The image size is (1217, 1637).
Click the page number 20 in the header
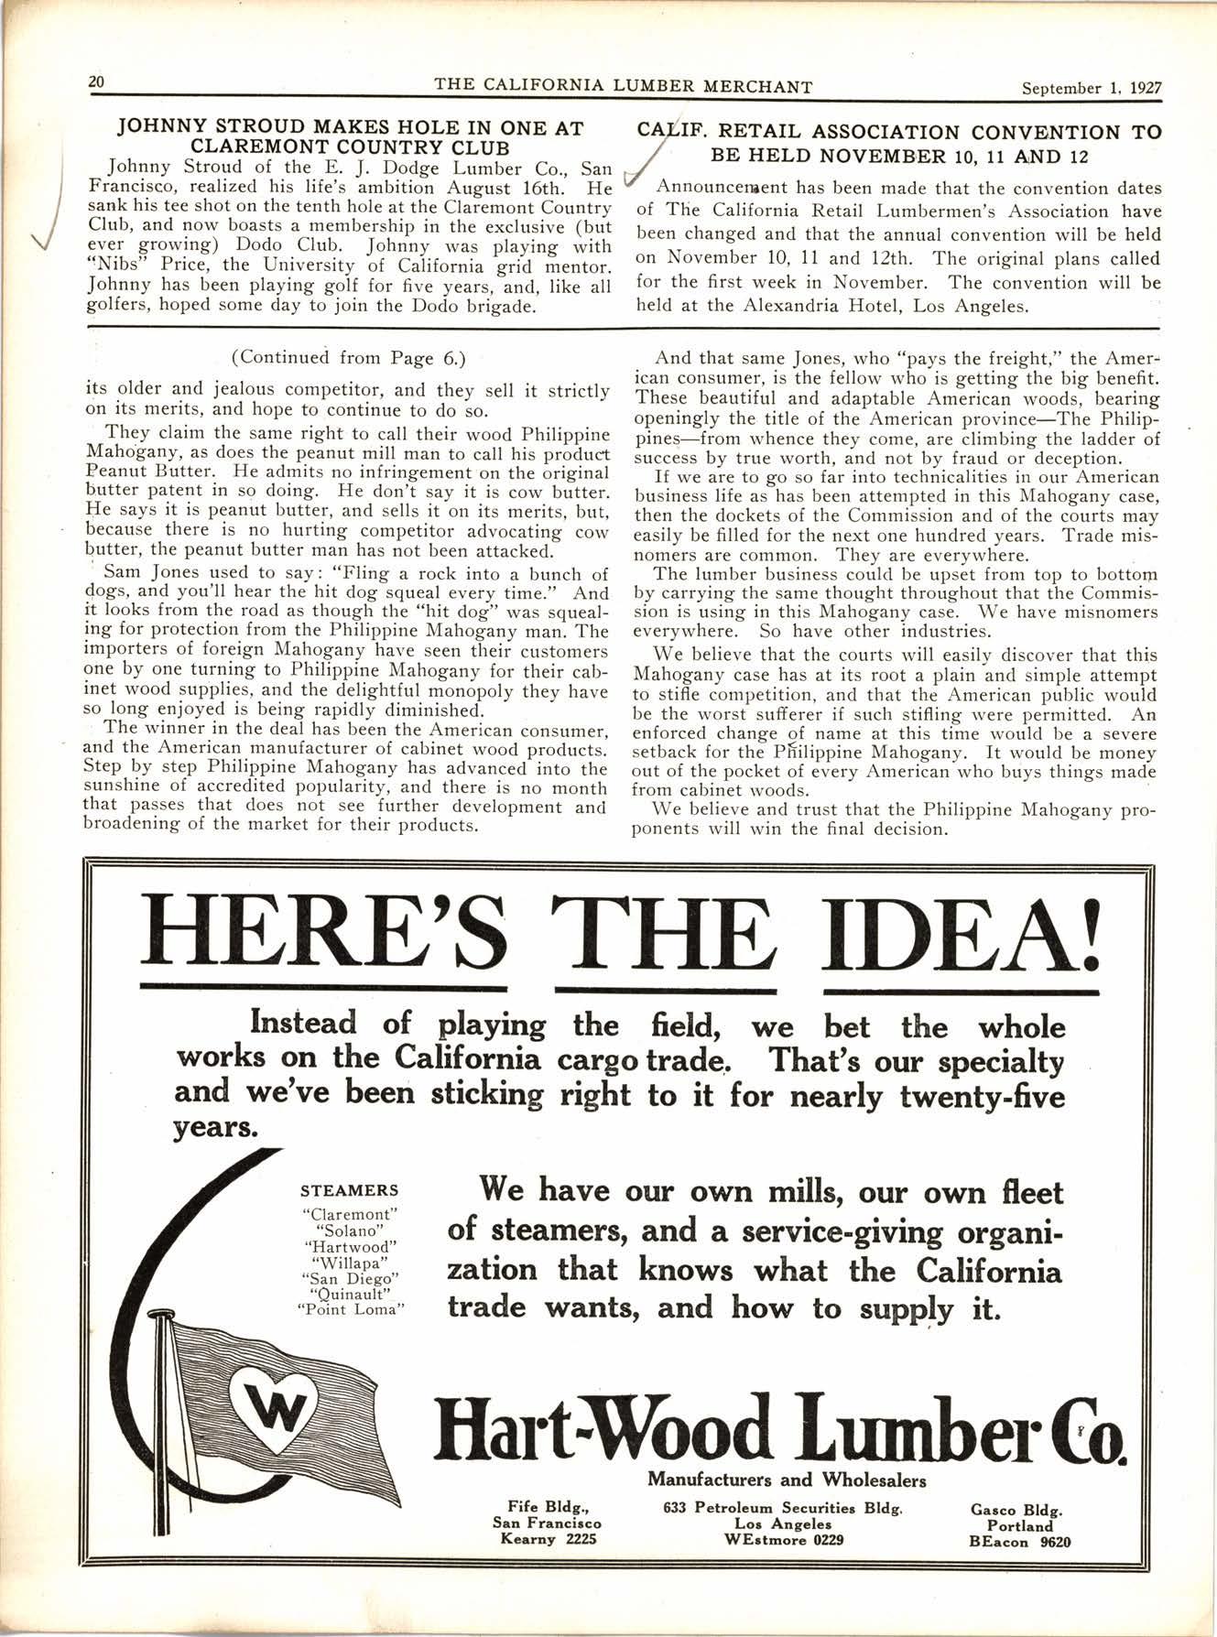point(96,81)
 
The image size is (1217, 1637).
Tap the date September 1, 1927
point(1091,88)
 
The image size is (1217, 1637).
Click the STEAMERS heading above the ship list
point(349,1191)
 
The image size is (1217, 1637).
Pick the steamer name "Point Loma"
point(351,1309)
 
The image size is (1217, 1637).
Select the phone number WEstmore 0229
point(783,1539)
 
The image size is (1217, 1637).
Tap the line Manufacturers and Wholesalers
point(787,1480)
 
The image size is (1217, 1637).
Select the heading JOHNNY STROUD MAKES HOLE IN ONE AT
point(351,130)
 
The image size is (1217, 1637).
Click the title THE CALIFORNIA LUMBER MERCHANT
point(623,87)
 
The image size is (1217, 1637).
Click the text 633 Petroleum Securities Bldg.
point(783,1508)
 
